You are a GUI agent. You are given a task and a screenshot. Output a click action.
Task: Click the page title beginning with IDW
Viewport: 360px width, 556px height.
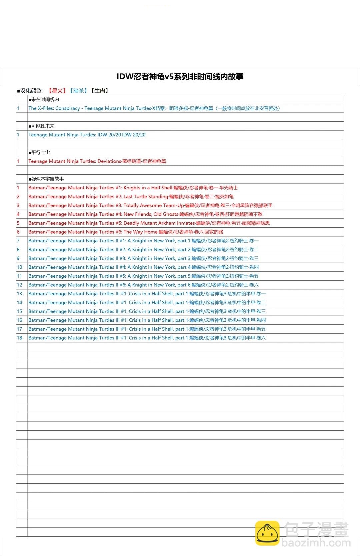180,77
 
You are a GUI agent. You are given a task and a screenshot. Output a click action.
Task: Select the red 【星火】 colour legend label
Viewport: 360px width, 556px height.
57,91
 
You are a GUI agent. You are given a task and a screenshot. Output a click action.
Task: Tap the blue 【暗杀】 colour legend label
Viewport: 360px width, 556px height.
78,91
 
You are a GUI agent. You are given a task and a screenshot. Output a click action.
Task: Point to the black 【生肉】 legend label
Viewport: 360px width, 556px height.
100,91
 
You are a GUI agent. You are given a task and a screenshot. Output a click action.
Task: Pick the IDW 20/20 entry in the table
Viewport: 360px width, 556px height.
87,135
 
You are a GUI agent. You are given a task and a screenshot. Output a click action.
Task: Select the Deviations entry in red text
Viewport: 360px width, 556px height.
97,161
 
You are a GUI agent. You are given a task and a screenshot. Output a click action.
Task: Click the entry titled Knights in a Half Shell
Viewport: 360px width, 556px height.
133,188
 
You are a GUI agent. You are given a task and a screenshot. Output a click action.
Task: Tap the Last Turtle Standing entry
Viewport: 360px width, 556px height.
131,197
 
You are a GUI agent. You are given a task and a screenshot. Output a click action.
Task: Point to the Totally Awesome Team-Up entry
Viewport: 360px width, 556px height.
150,205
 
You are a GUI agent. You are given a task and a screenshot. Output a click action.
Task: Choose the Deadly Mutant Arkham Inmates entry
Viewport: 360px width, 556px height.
149,223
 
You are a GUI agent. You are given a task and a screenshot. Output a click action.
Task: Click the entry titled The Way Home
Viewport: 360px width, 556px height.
126,232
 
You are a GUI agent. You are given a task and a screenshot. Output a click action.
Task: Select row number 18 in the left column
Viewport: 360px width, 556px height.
20,338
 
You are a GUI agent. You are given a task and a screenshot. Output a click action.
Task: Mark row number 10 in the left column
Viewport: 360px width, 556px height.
20,267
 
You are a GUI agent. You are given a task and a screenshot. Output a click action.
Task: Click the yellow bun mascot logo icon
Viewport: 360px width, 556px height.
267,533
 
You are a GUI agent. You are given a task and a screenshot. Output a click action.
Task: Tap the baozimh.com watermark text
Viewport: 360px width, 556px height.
316,543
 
